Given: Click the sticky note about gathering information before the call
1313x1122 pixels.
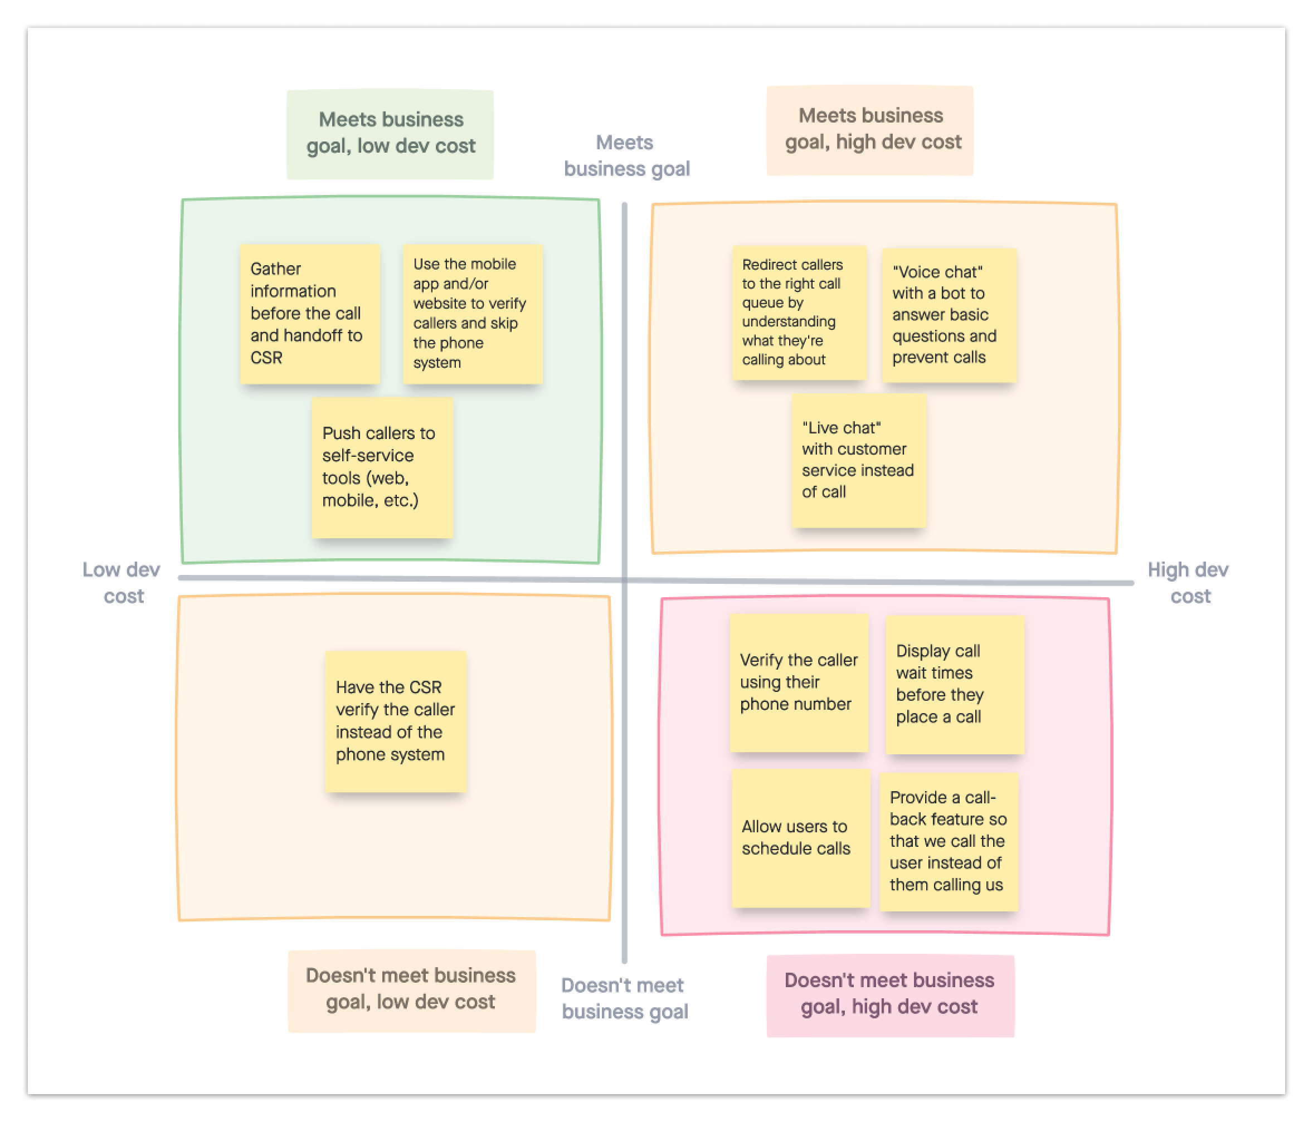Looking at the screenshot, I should point(309,314).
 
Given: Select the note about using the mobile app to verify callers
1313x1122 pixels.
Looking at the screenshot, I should point(473,314).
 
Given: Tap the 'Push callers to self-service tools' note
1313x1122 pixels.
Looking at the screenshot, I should point(382,467).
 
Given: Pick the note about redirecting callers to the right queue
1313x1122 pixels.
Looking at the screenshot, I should point(799,313).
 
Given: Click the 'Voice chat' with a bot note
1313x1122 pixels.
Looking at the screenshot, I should point(949,315).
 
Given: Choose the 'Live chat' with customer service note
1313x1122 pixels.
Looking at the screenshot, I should point(859,460).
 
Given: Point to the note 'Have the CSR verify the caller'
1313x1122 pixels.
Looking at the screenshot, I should point(396,721).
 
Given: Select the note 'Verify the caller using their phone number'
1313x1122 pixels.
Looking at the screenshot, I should point(799,682).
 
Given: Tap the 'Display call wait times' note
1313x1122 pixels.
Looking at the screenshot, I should point(954,684).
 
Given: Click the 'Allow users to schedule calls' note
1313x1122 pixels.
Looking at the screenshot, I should point(800,837).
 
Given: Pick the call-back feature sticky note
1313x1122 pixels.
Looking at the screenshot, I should point(948,841).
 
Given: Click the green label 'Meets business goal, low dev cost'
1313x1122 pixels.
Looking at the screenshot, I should point(390,134).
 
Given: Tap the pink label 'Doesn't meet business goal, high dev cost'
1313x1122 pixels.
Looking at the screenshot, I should point(889,994).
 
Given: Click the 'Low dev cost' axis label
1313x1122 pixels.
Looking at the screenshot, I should point(121,583).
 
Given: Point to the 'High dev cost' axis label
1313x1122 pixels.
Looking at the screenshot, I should point(1188,583).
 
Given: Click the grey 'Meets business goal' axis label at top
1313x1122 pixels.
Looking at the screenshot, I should point(626,156).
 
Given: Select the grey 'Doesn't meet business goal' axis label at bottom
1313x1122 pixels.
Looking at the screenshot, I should point(624,998).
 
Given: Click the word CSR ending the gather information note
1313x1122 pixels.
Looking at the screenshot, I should point(266,358).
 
